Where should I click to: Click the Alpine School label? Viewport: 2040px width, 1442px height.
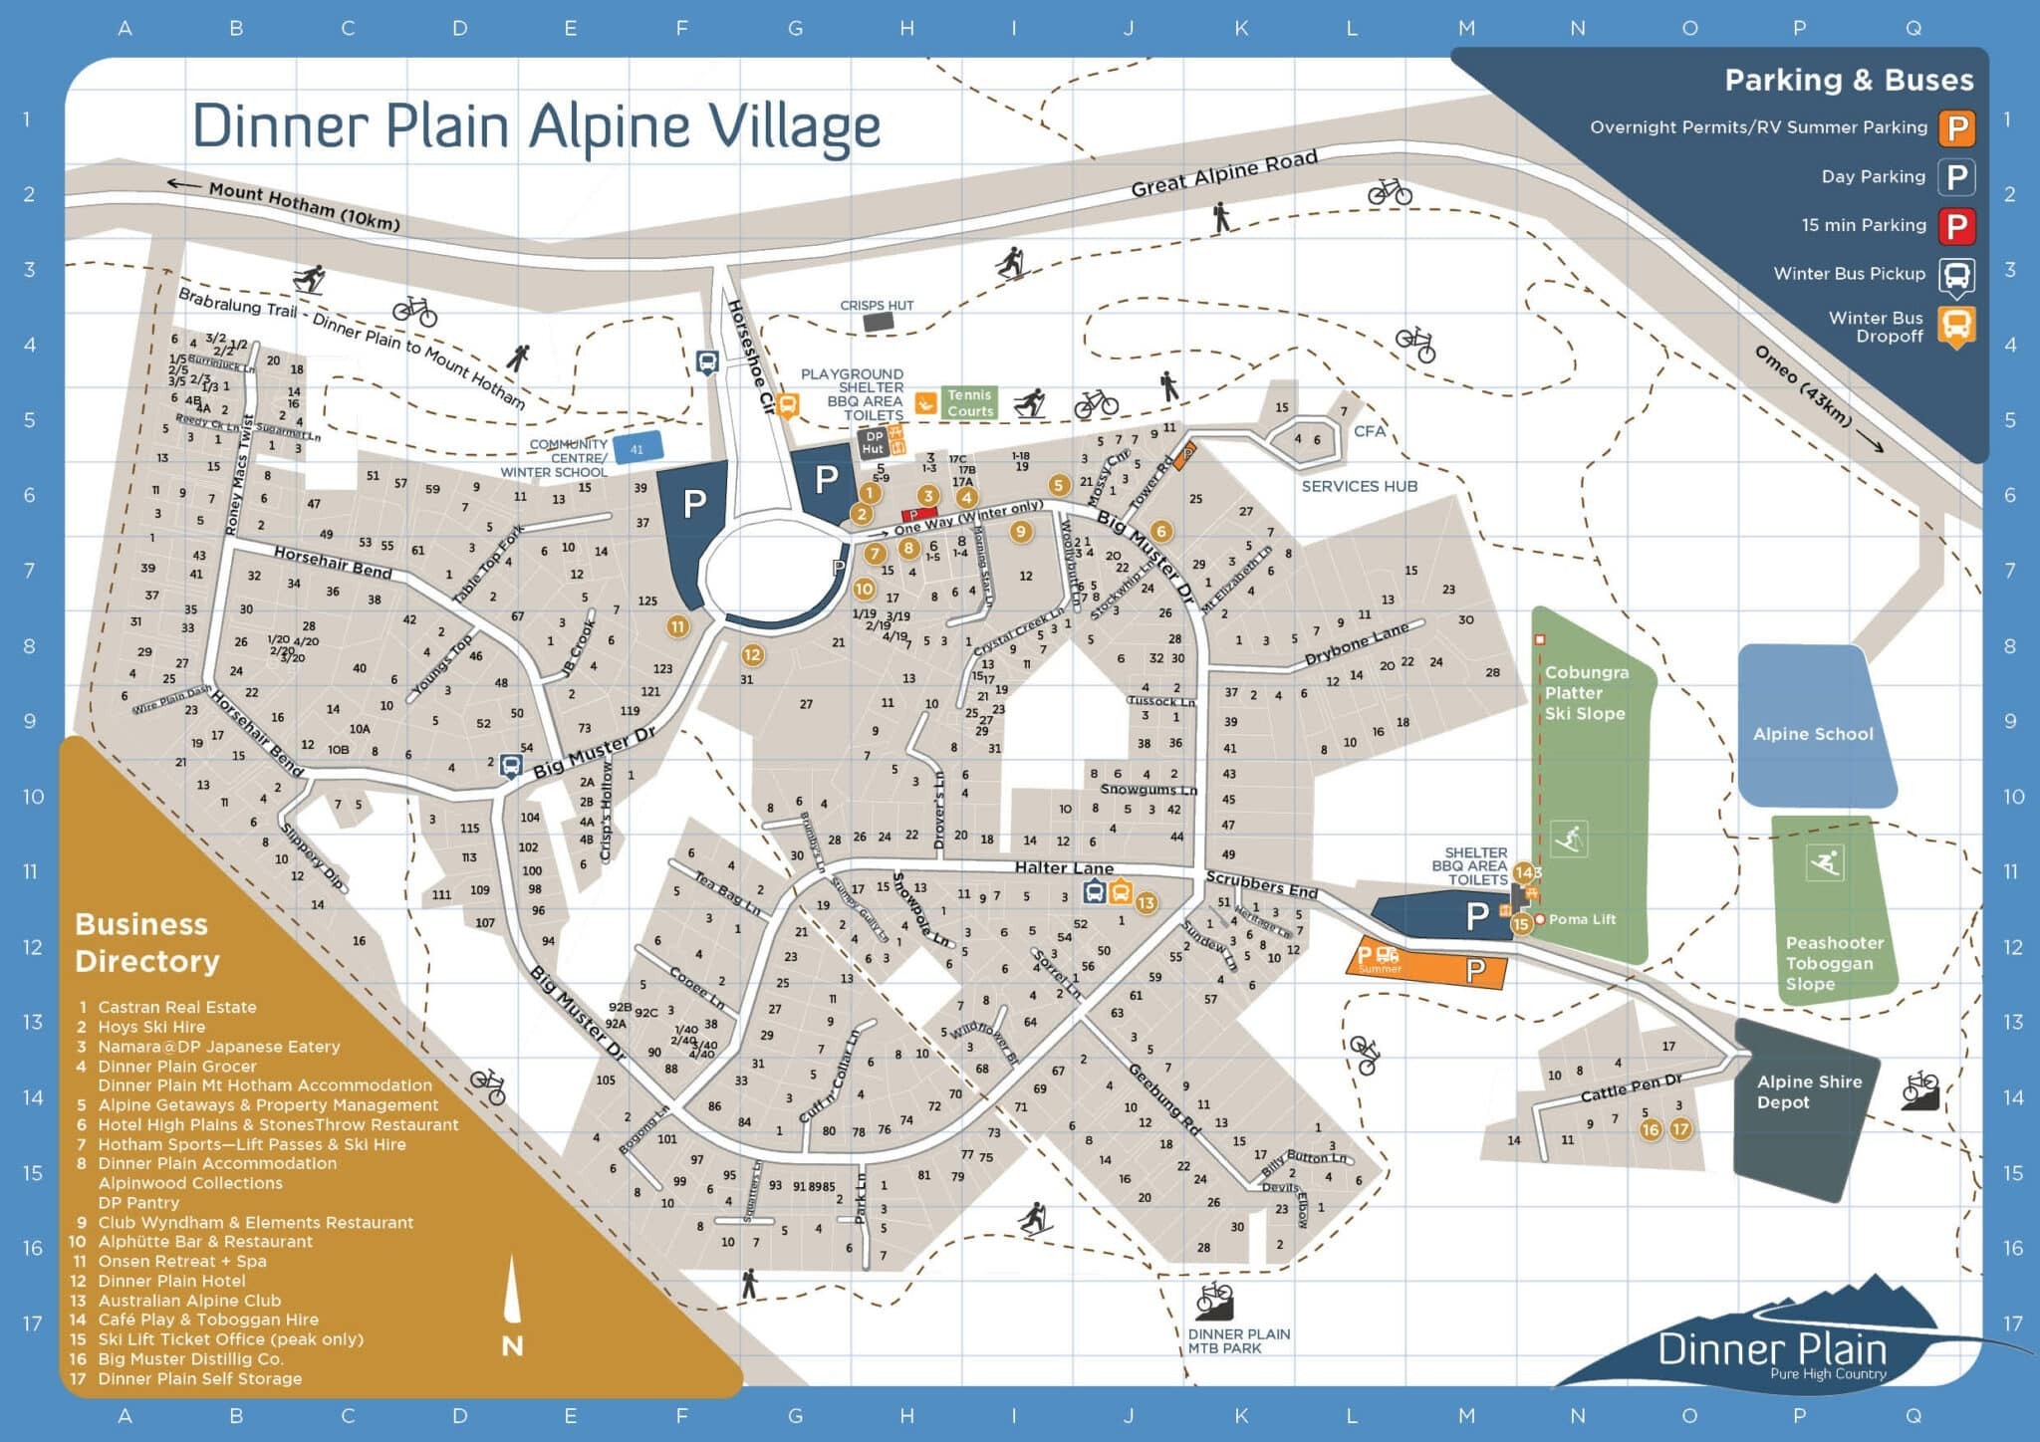coord(1813,734)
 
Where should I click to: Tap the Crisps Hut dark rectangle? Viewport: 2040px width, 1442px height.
coord(878,322)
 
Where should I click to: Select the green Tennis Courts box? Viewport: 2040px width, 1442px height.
coord(969,402)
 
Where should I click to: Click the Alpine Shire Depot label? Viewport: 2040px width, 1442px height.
coord(1808,1091)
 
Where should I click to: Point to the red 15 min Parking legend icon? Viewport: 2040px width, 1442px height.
coord(1956,225)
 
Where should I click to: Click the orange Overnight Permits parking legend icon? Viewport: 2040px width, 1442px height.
coord(1956,127)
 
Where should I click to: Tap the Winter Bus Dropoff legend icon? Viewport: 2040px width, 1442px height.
coord(1956,326)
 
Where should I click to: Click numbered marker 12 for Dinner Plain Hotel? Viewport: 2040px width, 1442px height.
coord(751,655)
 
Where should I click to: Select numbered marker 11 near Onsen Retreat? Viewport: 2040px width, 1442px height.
coord(677,626)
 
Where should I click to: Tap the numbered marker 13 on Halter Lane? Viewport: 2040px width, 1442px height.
coord(1146,903)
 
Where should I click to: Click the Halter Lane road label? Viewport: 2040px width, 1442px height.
coord(1063,867)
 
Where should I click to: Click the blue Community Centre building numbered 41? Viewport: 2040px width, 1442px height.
coord(637,449)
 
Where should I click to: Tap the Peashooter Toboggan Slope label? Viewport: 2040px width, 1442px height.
coord(1834,963)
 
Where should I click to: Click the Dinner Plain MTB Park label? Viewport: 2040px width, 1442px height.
coord(1238,1340)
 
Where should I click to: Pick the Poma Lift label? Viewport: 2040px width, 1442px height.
coord(1582,919)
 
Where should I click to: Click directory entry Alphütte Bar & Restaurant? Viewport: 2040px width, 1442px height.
coord(204,1241)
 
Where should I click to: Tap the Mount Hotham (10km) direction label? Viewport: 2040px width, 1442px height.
coord(303,206)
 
